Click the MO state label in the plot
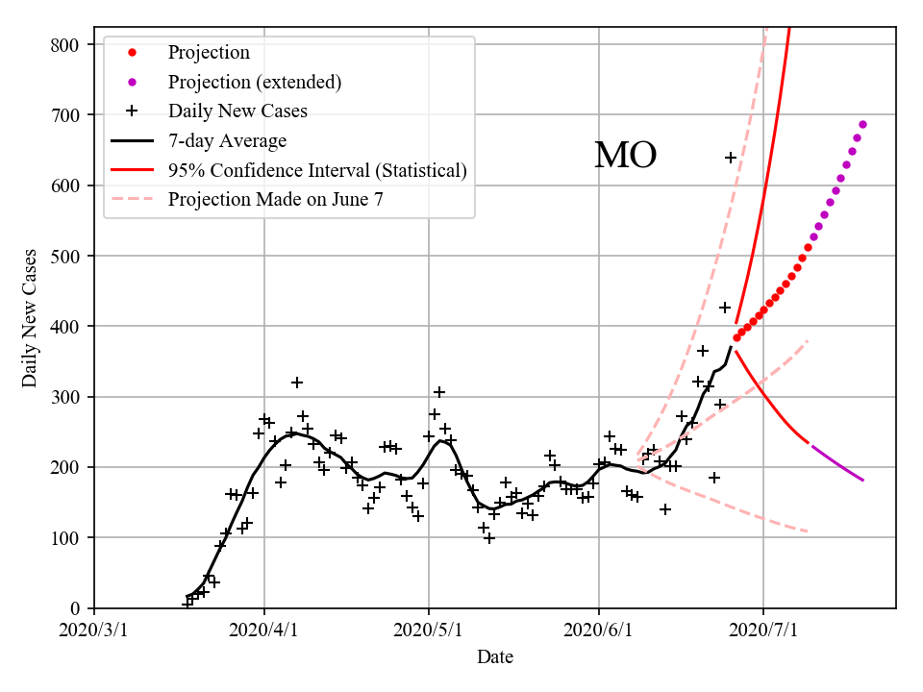625,156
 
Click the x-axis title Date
495,657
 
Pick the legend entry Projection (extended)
254,82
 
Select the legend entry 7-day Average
227,140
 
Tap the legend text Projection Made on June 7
276,199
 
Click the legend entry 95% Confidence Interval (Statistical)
317,170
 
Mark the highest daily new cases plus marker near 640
731,158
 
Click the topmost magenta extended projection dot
862,124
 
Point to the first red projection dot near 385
736,337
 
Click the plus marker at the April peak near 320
297,383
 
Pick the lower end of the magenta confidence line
862,480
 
